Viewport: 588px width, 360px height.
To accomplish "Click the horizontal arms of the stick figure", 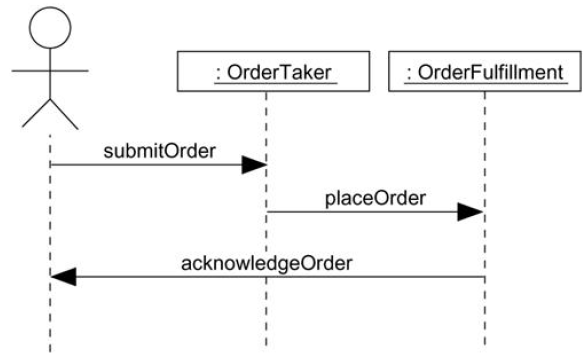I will tap(49, 71).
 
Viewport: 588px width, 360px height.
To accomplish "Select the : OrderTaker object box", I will tap(266, 71).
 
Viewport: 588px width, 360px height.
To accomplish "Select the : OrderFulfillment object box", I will tap(485, 71).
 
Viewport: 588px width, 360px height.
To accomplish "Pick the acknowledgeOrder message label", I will tap(266, 263).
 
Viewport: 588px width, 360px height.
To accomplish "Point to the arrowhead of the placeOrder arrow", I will tap(472, 211).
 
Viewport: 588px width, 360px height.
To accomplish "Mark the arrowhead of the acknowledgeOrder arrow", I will tap(63, 277).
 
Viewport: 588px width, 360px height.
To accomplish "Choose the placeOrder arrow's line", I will tap(360, 211).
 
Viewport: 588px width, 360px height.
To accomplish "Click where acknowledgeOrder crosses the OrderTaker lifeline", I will tap(266, 277).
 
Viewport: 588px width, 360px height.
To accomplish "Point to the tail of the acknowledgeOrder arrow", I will tap(483, 277).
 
